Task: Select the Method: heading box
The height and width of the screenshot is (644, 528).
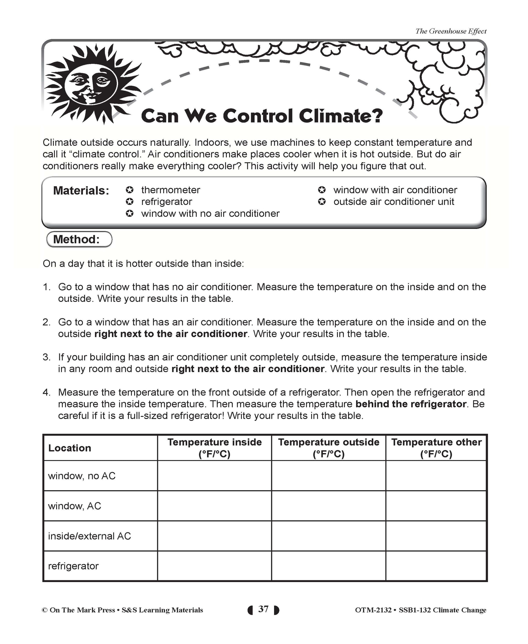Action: [x=79, y=239]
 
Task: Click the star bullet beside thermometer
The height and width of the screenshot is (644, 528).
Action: [x=130, y=190]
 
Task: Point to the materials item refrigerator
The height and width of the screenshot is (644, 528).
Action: [x=167, y=202]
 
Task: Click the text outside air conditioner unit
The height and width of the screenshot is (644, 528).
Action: [x=394, y=202]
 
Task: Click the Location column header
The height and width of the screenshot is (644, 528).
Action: [x=70, y=448]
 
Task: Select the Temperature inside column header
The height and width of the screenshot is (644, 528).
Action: [x=214, y=448]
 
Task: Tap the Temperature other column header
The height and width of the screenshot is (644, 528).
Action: [x=436, y=448]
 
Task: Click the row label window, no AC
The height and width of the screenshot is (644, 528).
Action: [x=82, y=476]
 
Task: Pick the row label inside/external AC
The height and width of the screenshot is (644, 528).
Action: [x=89, y=536]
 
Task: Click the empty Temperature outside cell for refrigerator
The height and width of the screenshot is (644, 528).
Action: [x=328, y=566]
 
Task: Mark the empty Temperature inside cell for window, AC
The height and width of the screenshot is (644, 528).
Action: [x=214, y=506]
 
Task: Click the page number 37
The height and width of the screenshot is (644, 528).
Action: [x=263, y=609]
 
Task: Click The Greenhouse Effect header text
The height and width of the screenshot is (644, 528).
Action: [x=451, y=31]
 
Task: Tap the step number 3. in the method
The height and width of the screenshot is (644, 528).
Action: [x=46, y=357]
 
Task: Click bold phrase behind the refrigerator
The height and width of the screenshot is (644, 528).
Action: [x=411, y=404]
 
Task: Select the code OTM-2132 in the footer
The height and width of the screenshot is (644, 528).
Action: [x=373, y=610]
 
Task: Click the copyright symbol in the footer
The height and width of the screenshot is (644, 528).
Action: [x=45, y=610]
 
